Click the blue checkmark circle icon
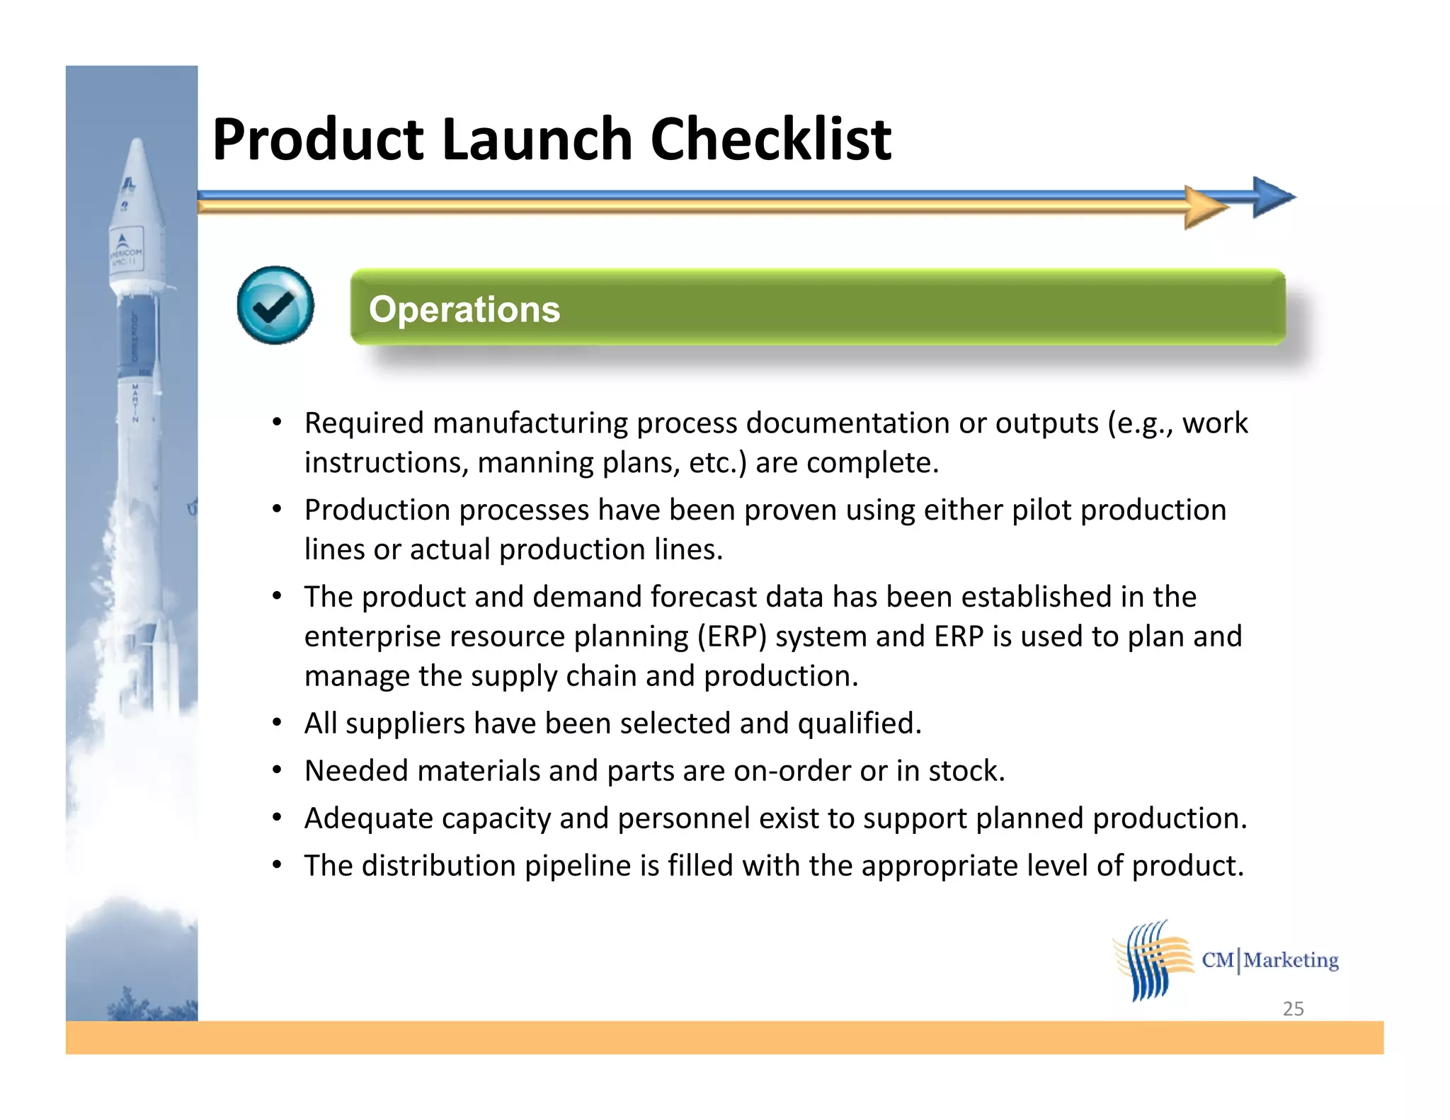275,306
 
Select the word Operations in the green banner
464,309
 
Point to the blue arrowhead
1272,197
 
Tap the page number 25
1293,1008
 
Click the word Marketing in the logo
1291,960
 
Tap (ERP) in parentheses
732,636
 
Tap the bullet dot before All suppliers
278,724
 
